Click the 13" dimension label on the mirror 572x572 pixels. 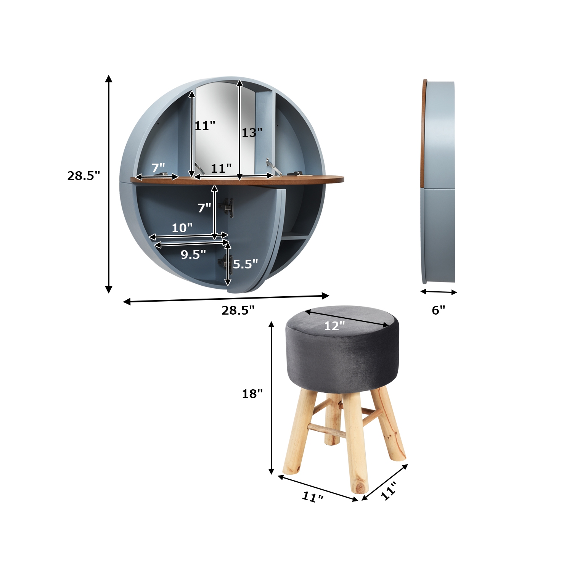252,133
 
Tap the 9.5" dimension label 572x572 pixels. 193,254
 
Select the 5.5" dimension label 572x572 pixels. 245,264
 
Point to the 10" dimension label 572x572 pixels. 182,228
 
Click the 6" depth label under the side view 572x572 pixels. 438,310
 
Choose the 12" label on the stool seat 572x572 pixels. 334,326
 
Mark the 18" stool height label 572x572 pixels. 252,394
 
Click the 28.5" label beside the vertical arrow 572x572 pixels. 84,176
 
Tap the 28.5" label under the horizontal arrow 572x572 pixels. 238,310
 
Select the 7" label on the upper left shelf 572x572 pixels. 158,168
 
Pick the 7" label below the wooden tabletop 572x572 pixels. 204,208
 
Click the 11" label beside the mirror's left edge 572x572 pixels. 205,125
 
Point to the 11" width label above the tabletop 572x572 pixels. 221,168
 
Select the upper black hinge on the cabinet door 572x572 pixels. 229,207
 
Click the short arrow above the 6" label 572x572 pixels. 439,292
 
